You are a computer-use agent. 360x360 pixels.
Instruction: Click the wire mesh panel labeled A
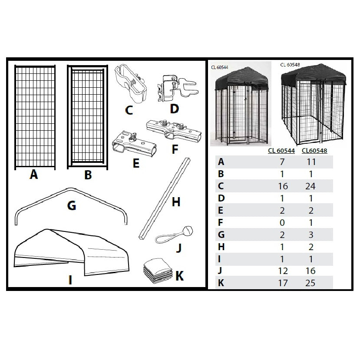coord(34,117)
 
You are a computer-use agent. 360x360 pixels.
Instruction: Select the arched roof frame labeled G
coord(72,206)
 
